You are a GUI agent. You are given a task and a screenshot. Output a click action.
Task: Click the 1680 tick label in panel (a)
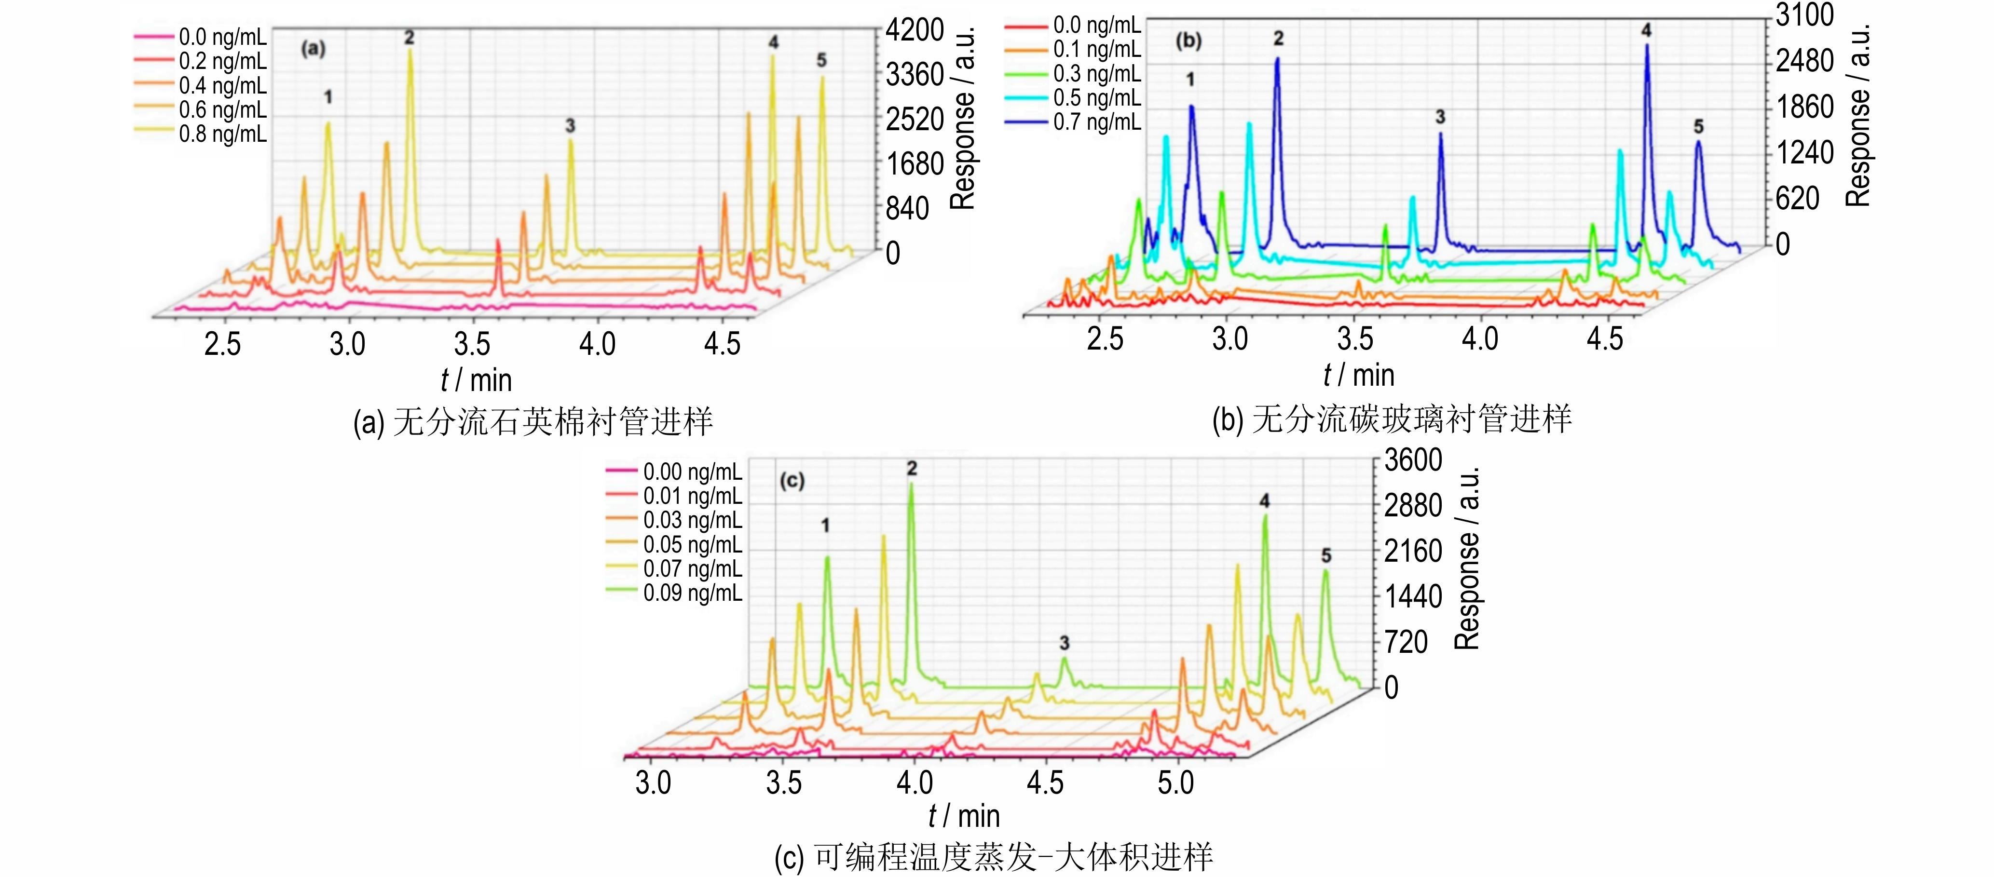tap(915, 164)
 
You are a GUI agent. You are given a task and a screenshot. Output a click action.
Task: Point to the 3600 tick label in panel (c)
tap(1413, 460)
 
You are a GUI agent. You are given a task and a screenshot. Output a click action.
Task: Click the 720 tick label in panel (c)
tap(1405, 642)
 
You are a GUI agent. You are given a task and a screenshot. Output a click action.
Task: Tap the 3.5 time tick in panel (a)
tap(472, 344)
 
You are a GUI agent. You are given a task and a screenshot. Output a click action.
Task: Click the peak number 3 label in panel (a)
tap(570, 125)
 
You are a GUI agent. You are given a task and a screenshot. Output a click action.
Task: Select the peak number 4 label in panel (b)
tap(1646, 30)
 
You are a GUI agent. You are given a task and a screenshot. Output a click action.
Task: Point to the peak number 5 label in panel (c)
tap(1326, 556)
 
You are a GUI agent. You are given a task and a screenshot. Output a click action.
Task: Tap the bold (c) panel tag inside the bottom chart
tap(792, 481)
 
